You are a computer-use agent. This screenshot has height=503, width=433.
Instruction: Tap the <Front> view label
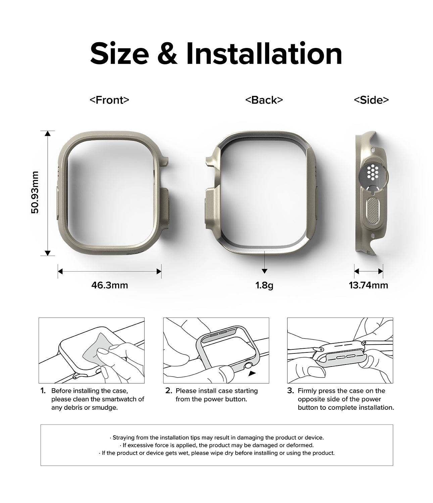pos(109,100)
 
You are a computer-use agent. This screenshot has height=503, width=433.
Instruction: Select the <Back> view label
pos(264,100)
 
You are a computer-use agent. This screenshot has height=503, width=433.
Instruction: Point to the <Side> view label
pos(371,100)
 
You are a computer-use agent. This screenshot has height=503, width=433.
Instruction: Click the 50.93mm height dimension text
pos(35,192)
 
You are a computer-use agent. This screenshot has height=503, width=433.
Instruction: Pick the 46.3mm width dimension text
pos(109,285)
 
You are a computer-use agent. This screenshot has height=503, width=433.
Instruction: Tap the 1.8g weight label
pos(264,285)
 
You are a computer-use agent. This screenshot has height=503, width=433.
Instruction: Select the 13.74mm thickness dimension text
pos(369,285)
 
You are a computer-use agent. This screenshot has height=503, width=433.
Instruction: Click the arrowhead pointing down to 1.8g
pos(264,271)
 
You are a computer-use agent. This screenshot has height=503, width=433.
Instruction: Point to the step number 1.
pos(43,391)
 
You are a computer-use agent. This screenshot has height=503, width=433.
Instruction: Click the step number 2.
pos(169,391)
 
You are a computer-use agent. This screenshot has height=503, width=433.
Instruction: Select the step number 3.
pos(291,391)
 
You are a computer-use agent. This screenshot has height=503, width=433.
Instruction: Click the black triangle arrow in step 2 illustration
pos(252,374)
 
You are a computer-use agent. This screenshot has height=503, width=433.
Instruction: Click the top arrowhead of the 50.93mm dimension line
pos(48,133)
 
